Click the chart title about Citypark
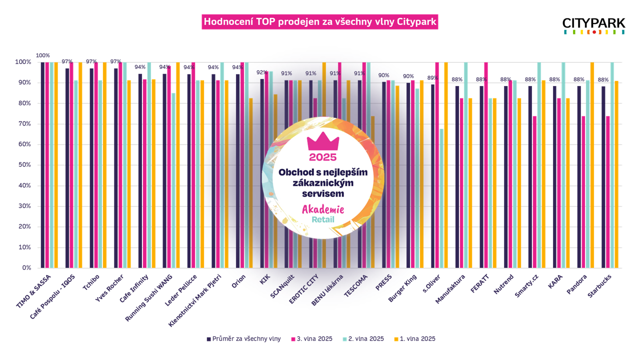point(320,22)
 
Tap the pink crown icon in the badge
point(323,142)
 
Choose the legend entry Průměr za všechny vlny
point(243,338)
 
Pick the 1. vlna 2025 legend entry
point(414,338)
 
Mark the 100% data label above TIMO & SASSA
point(43,55)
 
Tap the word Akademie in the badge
point(322,209)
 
